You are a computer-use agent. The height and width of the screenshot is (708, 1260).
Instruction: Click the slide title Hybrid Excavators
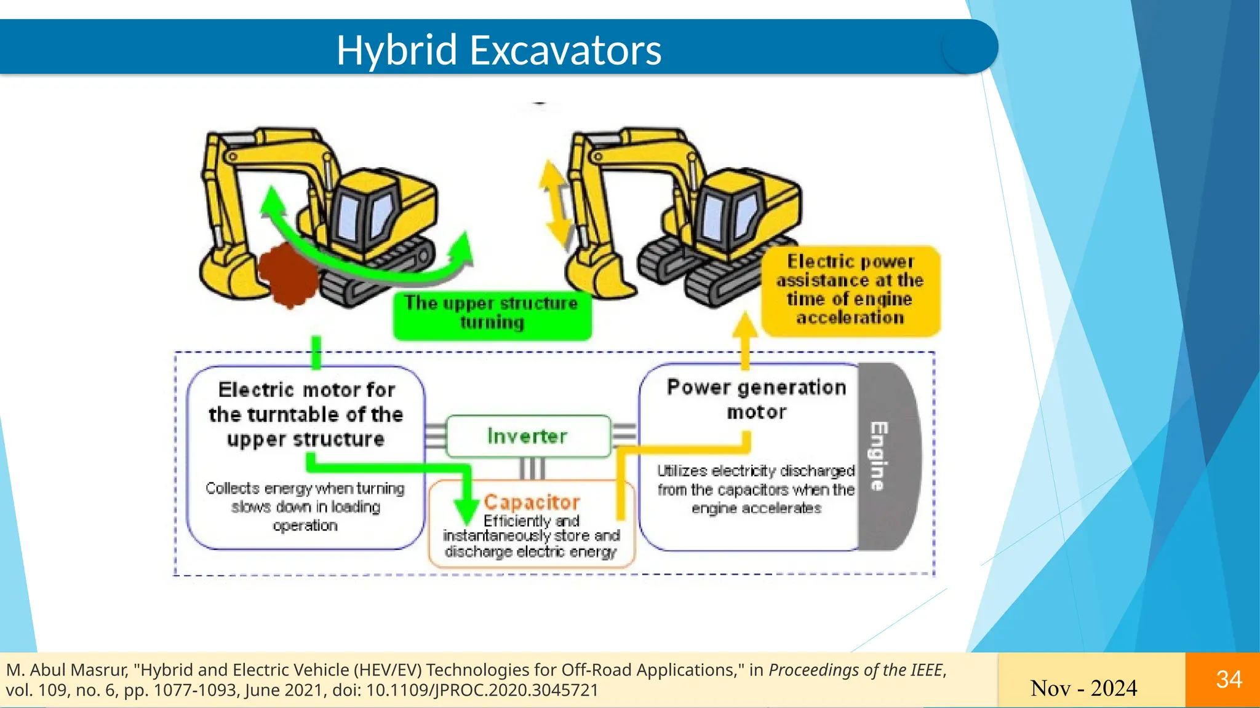(x=498, y=50)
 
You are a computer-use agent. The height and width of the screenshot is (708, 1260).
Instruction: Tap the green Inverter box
(x=527, y=436)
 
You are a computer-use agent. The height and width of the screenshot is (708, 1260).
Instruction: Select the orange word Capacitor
(x=532, y=502)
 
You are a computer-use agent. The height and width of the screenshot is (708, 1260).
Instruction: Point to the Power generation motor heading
(x=756, y=399)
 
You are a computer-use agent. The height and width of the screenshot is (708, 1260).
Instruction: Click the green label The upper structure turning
(x=492, y=313)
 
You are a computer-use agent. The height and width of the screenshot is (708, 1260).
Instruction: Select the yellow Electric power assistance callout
(x=850, y=290)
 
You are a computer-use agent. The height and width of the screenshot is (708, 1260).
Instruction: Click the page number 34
(x=1229, y=680)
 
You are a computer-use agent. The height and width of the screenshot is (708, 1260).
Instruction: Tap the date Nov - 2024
(x=1083, y=688)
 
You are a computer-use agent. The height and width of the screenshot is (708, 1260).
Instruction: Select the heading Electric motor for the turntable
(x=306, y=414)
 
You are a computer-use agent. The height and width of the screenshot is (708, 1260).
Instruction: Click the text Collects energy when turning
(x=305, y=488)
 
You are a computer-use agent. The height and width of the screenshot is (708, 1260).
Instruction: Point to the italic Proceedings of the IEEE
(x=855, y=670)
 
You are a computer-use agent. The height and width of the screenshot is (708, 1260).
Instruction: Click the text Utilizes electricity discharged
(x=756, y=471)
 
